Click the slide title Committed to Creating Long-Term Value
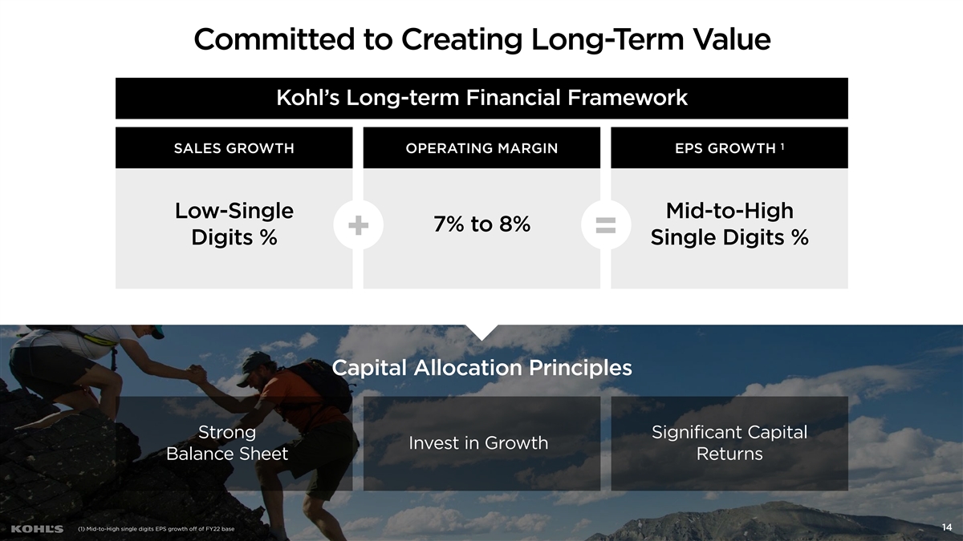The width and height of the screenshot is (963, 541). coord(482,39)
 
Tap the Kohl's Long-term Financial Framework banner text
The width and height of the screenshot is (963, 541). coord(482,98)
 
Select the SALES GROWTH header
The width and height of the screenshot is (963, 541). coord(234,148)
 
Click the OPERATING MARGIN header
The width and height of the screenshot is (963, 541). coord(481,148)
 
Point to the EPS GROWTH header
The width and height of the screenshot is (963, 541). coord(725,148)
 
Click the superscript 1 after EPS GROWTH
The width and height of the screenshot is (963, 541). coord(782,147)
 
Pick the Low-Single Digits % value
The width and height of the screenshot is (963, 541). coord(234,224)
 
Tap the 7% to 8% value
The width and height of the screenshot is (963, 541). coord(481,224)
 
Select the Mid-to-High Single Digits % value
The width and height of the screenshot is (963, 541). coord(729,224)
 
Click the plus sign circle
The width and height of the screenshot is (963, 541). coord(358,225)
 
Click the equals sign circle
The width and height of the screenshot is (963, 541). coord(606,225)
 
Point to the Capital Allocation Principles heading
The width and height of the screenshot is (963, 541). coord(482,368)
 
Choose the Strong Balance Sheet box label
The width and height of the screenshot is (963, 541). coord(227,442)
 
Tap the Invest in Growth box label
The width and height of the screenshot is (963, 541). coord(478,443)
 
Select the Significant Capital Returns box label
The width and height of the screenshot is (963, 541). coord(729,442)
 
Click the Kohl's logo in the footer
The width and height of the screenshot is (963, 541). coord(37,529)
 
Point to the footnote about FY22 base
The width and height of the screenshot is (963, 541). coord(156,529)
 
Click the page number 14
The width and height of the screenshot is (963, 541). coord(947,527)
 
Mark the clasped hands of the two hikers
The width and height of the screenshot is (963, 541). coord(197,374)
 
